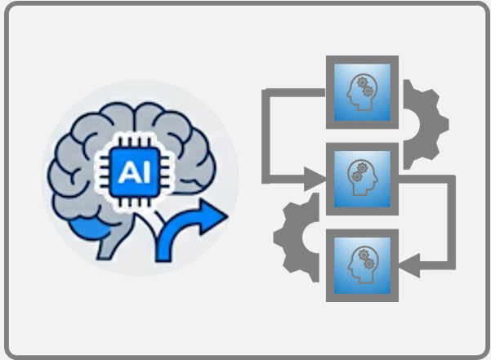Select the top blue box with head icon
pos(362,91)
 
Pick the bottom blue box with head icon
pos(362,265)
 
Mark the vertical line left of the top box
pos(266,135)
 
